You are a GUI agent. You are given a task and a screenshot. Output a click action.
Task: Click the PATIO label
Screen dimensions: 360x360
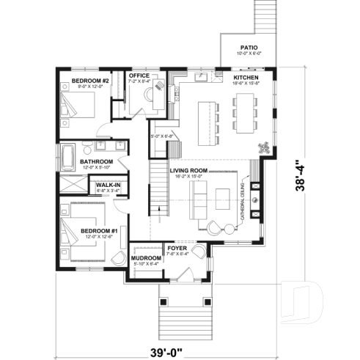click(249, 48)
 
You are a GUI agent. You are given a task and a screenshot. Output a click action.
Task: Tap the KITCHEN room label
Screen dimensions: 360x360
click(246, 77)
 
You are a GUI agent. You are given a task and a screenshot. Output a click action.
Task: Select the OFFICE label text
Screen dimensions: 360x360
click(139, 76)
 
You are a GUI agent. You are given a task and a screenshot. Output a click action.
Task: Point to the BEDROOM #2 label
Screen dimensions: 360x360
click(90, 79)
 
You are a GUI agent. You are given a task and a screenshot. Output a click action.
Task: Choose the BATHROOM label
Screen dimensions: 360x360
click(96, 161)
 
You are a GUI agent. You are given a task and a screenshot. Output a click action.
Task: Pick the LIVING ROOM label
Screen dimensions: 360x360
click(188, 170)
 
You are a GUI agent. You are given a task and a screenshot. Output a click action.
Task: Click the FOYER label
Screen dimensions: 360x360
click(177, 249)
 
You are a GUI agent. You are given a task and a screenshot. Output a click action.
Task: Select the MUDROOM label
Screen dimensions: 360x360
click(147, 259)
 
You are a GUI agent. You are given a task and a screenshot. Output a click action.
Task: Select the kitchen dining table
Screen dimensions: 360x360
click(242, 116)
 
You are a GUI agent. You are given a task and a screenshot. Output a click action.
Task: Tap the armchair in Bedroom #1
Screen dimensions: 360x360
click(117, 257)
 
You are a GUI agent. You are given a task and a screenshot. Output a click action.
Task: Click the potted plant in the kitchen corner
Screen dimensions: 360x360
click(262, 147)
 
